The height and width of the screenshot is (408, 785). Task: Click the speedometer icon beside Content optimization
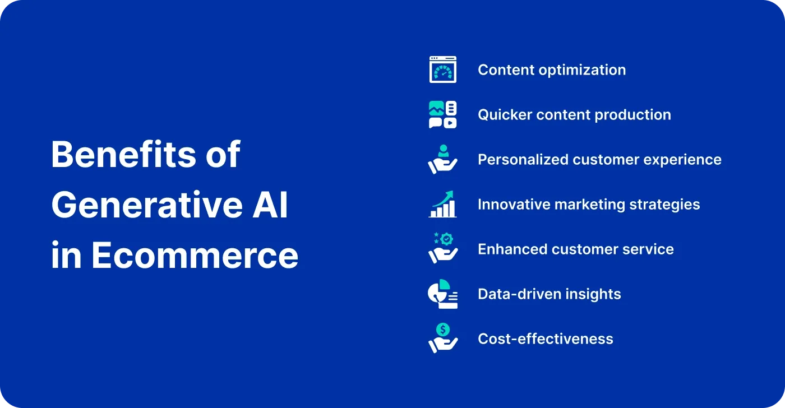pyautogui.click(x=442, y=69)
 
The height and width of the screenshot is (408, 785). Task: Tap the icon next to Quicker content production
pyautogui.click(x=442, y=114)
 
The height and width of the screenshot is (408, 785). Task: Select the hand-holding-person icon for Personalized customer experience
pyautogui.click(x=442, y=159)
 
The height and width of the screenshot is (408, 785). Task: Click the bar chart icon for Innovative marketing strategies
pyautogui.click(x=442, y=204)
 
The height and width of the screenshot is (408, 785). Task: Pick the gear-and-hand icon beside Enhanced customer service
pyautogui.click(x=442, y=248)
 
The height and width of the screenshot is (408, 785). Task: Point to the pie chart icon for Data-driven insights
pyautogui.click(x=442, y=294)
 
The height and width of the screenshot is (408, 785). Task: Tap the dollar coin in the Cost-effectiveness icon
pyautogui.click(x=443, y=330)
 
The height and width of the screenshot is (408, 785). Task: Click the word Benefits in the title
pyautogui.click(x=123, y=155)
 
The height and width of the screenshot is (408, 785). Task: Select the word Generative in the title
pyautogui.click(x=147, y=205)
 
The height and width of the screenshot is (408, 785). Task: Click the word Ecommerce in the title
pyautogui.click(x=195, y=256)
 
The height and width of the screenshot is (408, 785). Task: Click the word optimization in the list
pyautogui.click(x=583, y=71)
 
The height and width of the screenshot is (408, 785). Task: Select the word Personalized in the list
pyautogui.click(x=523, y=160)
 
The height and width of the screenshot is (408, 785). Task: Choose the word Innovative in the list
pyautogui.click(x=514, y=205)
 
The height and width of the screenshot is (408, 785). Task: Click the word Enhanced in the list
pyautogui.click(x=512, y=249)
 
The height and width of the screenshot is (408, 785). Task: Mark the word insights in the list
pyautogui.click(x=593, y=295)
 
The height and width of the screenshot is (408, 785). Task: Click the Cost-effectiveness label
pyautogui.click(x=546, y=339)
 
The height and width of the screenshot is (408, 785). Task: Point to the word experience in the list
pyautogui.click(x=682, y=160)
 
